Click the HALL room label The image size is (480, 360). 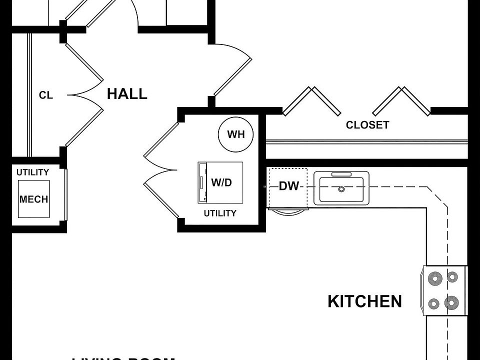click(x=127, y=94)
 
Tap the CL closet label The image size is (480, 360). click(x=46, y=95)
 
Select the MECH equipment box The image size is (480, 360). click(x=34, y=199)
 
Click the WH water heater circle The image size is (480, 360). click(x=236, y=134)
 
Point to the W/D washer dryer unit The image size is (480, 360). click(x=220, y=182)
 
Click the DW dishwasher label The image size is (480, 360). click(x=288, y=186)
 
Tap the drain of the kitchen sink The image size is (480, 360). click(x=341, y=189)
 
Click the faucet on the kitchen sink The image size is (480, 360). click(x=341, y=174)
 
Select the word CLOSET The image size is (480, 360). click(x=367, y=125)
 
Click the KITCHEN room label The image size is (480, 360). click(x=364, y=301)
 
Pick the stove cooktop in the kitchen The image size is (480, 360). click(x=444, y=290)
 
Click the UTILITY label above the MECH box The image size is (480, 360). click(x=33, y=172)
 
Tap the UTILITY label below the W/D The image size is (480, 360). click(x=220, y=213)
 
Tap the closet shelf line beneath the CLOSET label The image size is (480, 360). click(x=367, y=142)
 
